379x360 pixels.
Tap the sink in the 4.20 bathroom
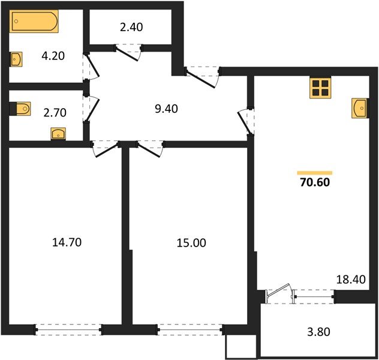tap(17, 59)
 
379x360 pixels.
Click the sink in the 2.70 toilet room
tap(58, 134)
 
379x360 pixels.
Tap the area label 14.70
tap(67, 242)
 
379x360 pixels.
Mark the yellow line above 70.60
tap(314, 172)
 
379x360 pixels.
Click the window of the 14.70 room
tap(67, 328)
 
